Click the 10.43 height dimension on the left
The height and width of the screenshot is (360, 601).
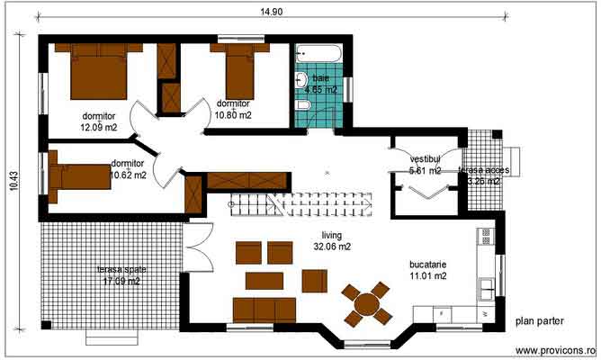pyautogui.click(x=13, y=180)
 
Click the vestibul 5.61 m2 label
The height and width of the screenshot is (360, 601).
pyautogui.click(x=424, y=164)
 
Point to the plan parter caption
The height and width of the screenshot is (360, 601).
pyautogui.click(x=540, y=320)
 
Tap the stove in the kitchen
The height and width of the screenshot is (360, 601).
pyautogui.click(x=486, y=238)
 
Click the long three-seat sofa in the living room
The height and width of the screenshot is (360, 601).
pyautogui.click(x=265, y=310)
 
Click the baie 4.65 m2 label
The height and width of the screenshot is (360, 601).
pyautogui.click(x=320, y=84)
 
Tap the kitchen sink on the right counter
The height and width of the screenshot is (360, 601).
pyautogui.click(x=486, y=287)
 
